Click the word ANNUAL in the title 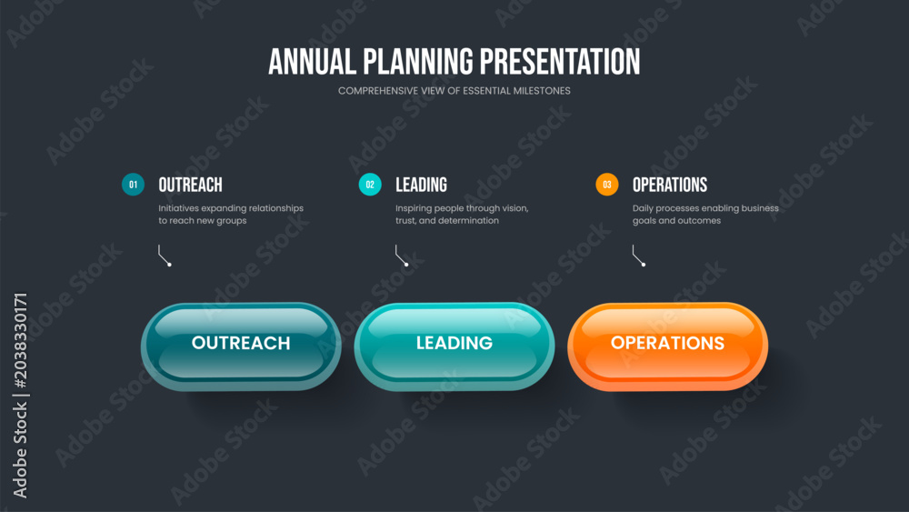pos(312,62)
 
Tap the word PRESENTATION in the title pos(560,62)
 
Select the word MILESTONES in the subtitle pos(542,91)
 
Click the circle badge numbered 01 pos(133,185)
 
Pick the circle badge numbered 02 pos(370,185)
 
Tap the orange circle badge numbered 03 pos(607,185)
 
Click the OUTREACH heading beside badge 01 pos(190,185)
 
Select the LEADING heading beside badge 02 pos(421,185)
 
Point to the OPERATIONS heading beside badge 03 pos(670,185)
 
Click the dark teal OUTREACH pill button pos(241,346)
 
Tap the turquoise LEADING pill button pos(454,346)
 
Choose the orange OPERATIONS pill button pos(668,346)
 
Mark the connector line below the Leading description pos(398,256)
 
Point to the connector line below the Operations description pos(635,256)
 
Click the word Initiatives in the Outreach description pos(178,208)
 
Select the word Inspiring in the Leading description pos(414,209)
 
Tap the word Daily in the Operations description pos(643,209)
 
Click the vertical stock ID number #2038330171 pos(20,340)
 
